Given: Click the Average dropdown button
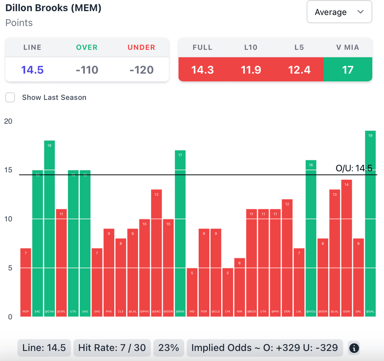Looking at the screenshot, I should click(339, 12).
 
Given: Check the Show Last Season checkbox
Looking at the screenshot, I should click(10, 98).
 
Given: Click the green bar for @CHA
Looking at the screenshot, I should click(49, 229).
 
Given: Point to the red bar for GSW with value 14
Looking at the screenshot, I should click(346, 248).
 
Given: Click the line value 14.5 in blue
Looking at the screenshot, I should click(32, 70).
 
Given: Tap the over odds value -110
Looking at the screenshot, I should click(87, 70).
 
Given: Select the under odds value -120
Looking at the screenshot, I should click(141, 70).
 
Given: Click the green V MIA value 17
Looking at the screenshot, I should click(348, 70).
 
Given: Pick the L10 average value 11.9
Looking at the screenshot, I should click(251, 70).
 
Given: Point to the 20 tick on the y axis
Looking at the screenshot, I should click(8, 121).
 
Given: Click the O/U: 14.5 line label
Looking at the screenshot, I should click(354, 168).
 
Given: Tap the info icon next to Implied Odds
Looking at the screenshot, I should click(354, 348).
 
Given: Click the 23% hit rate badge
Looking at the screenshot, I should click(169, 348).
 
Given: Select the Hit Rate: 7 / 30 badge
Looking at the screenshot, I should click(112, 348).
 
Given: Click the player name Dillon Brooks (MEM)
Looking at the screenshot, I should click(53, 8).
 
